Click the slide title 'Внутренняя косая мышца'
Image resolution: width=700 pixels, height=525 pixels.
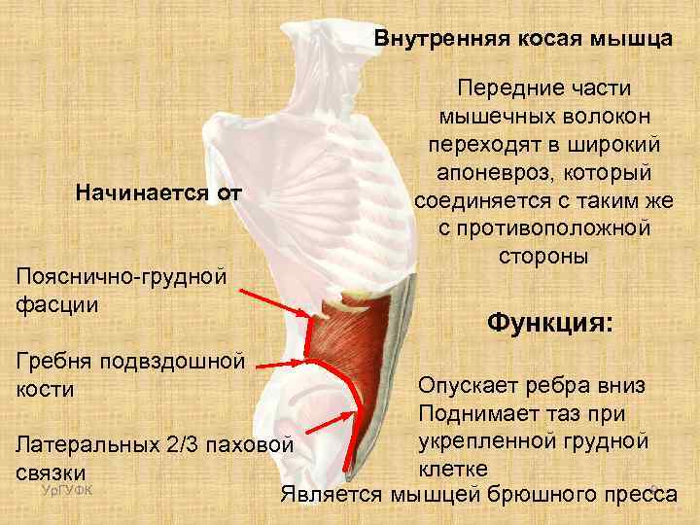pos(523,40)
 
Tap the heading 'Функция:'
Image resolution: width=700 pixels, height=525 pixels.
pos(549,321)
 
